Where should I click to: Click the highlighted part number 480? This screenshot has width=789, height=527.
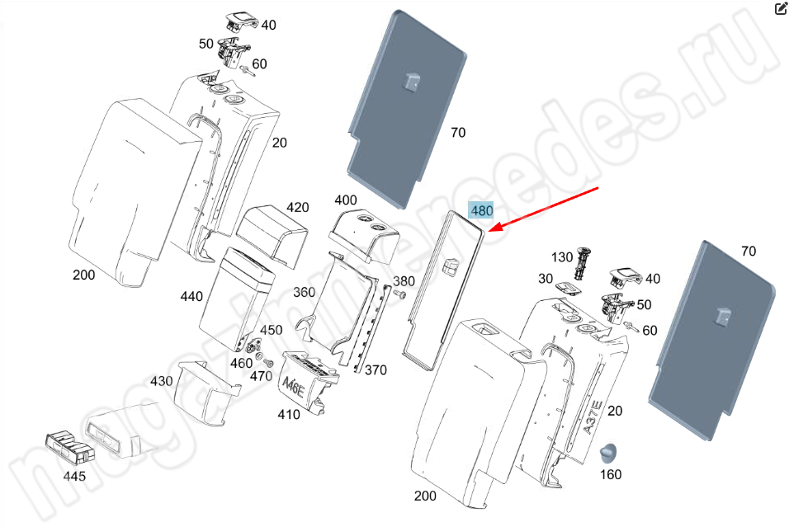pyautogui.click(x=481, y=211)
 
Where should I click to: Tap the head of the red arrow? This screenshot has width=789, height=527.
pyautogui.click(x=491, y=231)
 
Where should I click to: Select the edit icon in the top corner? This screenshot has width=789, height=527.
pyautogui.click(x=780, y=9)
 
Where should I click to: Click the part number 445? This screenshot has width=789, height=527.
pyautogui.click(x=74, y=476)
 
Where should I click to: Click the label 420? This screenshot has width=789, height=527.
pyautogui.click(x=297, y=206)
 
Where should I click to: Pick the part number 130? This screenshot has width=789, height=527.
pyautogui.click(x=562, y=257)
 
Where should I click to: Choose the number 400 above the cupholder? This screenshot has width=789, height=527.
pyautogui.click(x=346, y=200)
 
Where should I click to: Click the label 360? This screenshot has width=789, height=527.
pyautogui.click(x=304, y=292)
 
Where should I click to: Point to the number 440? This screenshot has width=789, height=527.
pyautogui.click(x=191, y=296)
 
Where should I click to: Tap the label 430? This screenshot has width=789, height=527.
pyautogui.click(x=161, y=381)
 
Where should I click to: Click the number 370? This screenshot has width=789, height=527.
pyautogui.click(x=376, y=370)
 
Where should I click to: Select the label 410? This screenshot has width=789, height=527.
pyautogui.click(x=288, y=415)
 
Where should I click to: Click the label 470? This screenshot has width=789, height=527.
pyautogui.click(x=260, y=376)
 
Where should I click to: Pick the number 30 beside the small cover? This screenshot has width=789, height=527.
pyautogui.click(x=546, y=279)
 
